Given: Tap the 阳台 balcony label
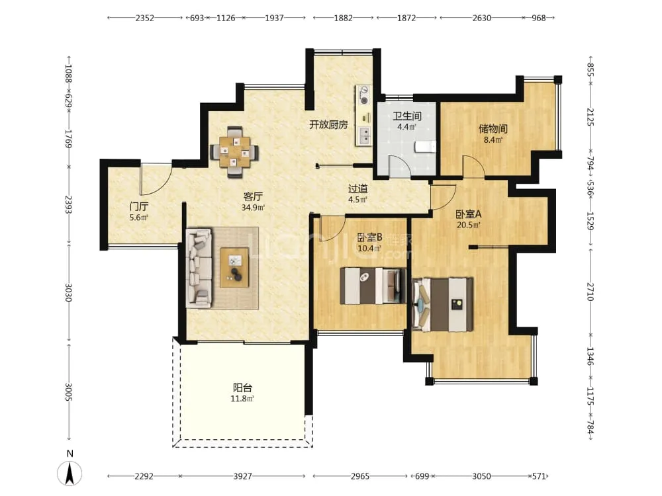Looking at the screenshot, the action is [x=243, y=387].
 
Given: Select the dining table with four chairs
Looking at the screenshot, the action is [x=234, y=151].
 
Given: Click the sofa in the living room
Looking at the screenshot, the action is [x=199, y=269].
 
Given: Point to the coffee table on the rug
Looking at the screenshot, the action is [x=234, y=268].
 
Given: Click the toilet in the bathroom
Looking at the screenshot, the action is [x=425, y=146].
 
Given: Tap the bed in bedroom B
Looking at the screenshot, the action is [x=373, y=286].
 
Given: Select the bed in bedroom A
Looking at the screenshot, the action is [x=442, y=304].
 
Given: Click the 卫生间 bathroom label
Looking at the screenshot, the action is [x=407, y=116].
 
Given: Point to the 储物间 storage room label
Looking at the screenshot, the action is [x=493, y=129].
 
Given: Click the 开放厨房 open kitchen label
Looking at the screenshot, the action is [x=328, y=124].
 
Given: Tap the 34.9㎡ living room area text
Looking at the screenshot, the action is [x=253, y=208].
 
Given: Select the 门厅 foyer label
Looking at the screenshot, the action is [x=139, y=206].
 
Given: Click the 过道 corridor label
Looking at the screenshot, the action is [x=357, y=189].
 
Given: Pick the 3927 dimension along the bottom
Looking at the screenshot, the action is [x=243, y=476].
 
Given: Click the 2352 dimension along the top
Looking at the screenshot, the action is [x=145, y=18].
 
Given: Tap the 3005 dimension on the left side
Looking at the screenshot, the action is [x=69, y=392].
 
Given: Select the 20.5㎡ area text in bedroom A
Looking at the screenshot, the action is [x=468, y=225].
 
